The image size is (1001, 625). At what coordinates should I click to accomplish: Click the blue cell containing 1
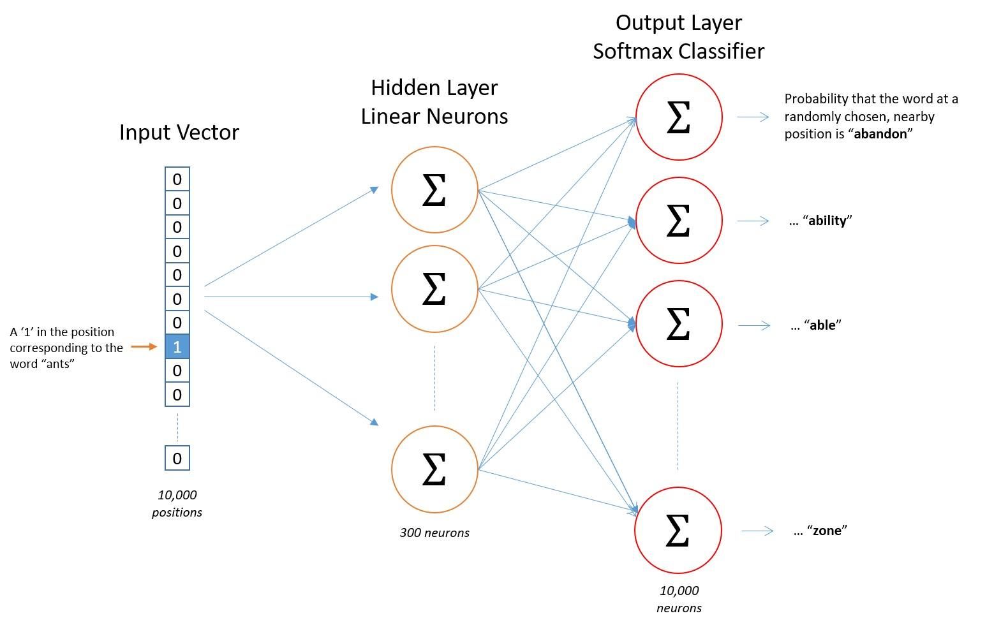click(x=177, y=347)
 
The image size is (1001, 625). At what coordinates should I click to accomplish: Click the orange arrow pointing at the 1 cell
click(x=144, y=347)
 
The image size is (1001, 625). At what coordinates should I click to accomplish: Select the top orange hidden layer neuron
click(x=434, y=190)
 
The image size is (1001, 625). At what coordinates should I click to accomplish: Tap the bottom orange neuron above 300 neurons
click(x=434, y=469)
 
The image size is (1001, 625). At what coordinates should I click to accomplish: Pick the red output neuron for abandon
click(x=679, y=117)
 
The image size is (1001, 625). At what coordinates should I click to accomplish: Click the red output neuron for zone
click(x=678, y=530)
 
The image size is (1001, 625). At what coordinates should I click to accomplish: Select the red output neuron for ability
click(x=679, y=221)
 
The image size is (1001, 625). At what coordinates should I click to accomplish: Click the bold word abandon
click(x=880, y=134)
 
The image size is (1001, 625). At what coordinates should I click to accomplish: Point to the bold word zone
click(x=827, y=531)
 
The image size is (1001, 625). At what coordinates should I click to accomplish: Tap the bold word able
click(x=822, y=325)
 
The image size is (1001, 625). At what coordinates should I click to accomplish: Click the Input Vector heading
click(x=179, y=132)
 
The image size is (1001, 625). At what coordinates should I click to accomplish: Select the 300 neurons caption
click(x=434, y=533)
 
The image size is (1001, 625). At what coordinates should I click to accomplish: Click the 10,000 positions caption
click(x=177, y=503)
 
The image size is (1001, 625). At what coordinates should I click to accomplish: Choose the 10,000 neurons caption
click(x=679, y=599)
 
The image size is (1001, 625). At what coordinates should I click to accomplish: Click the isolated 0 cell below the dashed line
click(x=177, y=458)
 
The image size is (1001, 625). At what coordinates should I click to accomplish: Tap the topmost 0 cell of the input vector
click(x=177, y=179)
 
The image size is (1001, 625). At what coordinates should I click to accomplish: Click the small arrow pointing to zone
click(x=757, y=531)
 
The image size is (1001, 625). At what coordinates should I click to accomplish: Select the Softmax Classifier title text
click(x=678, y=51)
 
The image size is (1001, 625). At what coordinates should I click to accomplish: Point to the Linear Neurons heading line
click(x=434, y=116)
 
